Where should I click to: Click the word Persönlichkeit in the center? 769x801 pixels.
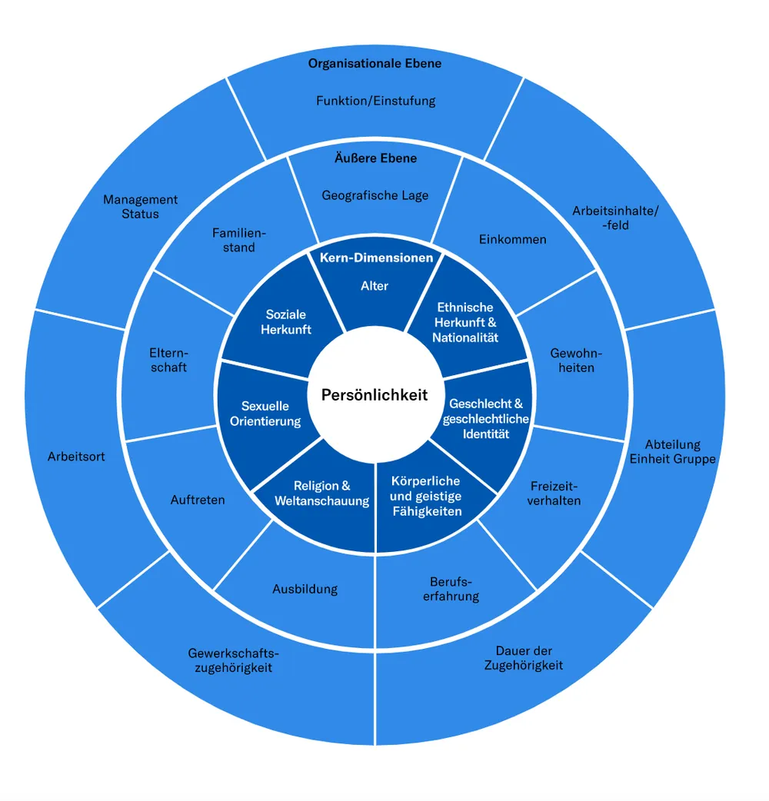coord(375,395)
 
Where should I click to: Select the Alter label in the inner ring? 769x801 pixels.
coord(375,285)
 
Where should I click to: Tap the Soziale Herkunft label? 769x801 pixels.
coord(285,322)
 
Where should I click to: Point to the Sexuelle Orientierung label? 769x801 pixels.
coord(265,414)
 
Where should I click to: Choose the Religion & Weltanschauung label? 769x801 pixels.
coord(322,493)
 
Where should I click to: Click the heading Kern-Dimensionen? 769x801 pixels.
coord(377,258)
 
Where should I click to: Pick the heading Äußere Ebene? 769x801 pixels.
coord(375,158)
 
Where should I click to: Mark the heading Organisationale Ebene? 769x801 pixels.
coord(375,63)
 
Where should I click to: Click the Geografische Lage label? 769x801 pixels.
coord(375,195)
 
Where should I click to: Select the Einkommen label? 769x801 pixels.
coord(512,239)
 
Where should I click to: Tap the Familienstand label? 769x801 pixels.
coord(239,240)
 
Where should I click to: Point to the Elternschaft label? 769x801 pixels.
coord(168,361)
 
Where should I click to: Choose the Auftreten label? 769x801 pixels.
coord(198,500)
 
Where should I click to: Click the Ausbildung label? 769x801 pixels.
coord(305,589)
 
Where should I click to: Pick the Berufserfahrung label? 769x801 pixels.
coord(451,589)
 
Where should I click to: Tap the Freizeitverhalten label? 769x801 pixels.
coord(554,494)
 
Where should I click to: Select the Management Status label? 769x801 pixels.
coord(141,206)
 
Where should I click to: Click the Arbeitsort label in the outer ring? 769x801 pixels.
coord(76,456)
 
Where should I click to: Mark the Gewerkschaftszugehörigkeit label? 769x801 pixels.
coord(234,660)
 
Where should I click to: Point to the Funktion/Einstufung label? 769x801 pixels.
coord(376,101)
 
